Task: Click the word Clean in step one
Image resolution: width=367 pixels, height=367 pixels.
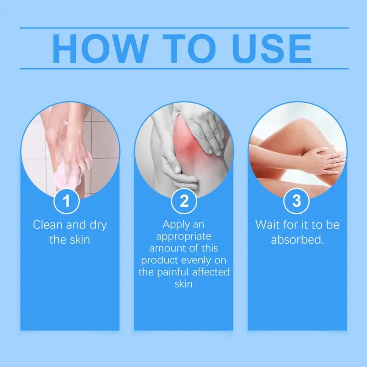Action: pos(47,225)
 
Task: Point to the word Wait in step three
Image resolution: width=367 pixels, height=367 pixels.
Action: pos(267,225)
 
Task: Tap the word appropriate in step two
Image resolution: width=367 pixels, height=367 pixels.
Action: pos(183,237)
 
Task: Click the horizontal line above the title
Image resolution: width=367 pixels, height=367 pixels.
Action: pos(183,28)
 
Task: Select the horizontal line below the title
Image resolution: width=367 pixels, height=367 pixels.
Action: pos(183,69)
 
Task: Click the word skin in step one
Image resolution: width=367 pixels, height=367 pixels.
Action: pos(78,239)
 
